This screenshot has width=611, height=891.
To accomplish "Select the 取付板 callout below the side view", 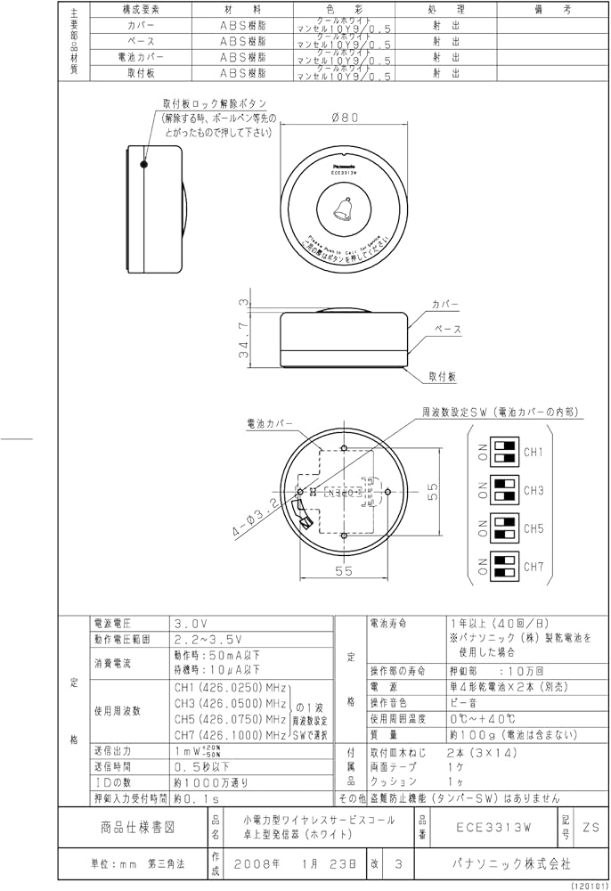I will tap(443, 377).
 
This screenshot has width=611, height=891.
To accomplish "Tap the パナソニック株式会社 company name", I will tap(499, 863).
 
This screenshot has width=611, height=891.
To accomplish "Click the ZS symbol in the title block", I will tap(591, 827).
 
